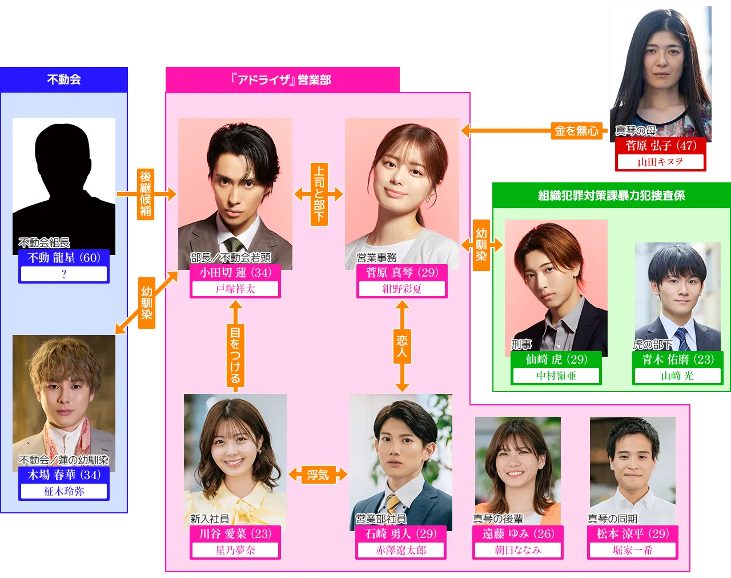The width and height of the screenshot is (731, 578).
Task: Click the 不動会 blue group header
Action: pos(63,79)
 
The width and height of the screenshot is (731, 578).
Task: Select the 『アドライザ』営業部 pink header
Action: pos(282,79)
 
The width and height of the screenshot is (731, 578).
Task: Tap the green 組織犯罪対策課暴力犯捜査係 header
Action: pos(611,196)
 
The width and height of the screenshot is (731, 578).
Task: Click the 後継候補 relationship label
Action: pos(146,194)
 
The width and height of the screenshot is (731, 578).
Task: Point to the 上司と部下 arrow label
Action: pos(319,194)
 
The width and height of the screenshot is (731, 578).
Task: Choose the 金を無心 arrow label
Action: pos(576,131)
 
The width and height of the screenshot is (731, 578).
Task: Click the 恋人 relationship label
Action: pos(402,346)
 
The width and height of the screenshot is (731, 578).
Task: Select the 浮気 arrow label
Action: pos(318,475)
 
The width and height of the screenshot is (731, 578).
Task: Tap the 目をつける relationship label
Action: pos(235,355)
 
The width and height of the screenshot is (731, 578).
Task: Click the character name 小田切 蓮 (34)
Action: pos(235,273)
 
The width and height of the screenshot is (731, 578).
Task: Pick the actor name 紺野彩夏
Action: pos(402,289)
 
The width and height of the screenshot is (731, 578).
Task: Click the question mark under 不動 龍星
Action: pos(64,274)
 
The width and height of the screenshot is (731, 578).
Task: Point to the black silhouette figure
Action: pos(63,183)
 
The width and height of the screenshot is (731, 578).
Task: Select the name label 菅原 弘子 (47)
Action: pos(661,145)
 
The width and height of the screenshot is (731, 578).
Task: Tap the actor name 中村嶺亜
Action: pos(556,376)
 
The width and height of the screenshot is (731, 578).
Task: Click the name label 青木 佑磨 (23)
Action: pos(678,359)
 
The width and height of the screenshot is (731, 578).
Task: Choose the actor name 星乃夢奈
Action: pos(235,550)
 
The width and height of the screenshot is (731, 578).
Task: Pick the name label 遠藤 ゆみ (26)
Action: pos(518,533)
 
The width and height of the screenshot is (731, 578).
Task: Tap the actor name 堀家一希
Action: pos(633,550)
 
